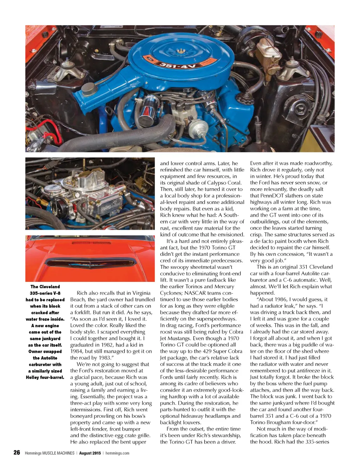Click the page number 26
click(x=17, y=452)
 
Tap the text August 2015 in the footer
click(x=90, y=453)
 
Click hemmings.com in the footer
click(x=117, y=453)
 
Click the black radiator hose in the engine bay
click(x=116, y=137)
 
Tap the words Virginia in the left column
click(x=141, y=293)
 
